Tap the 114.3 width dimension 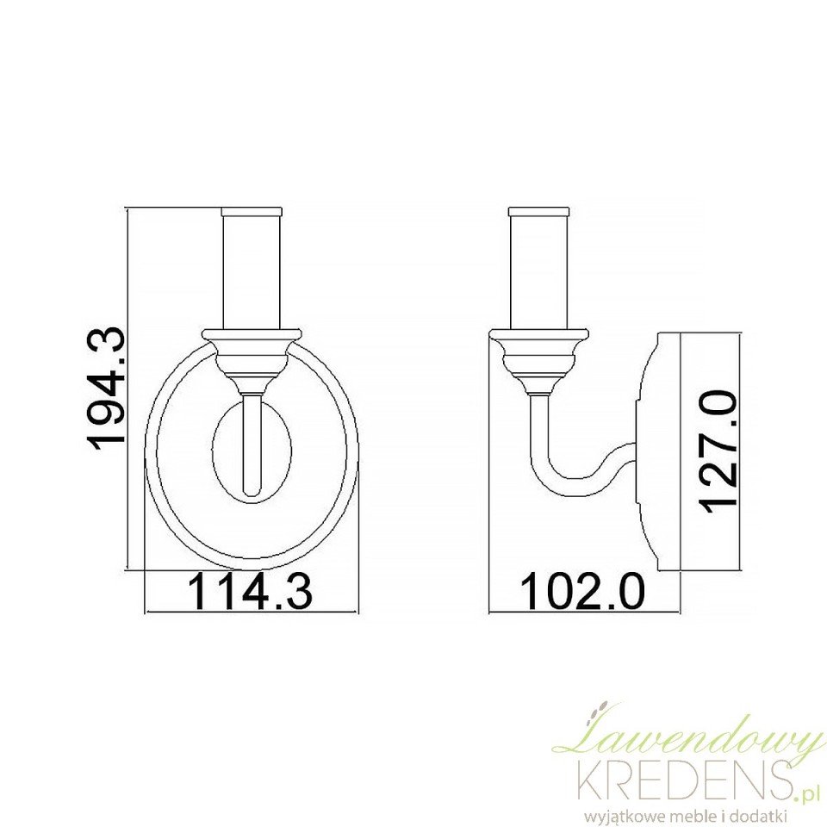tap(250, 592)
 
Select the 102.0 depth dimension tap(582, 591)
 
